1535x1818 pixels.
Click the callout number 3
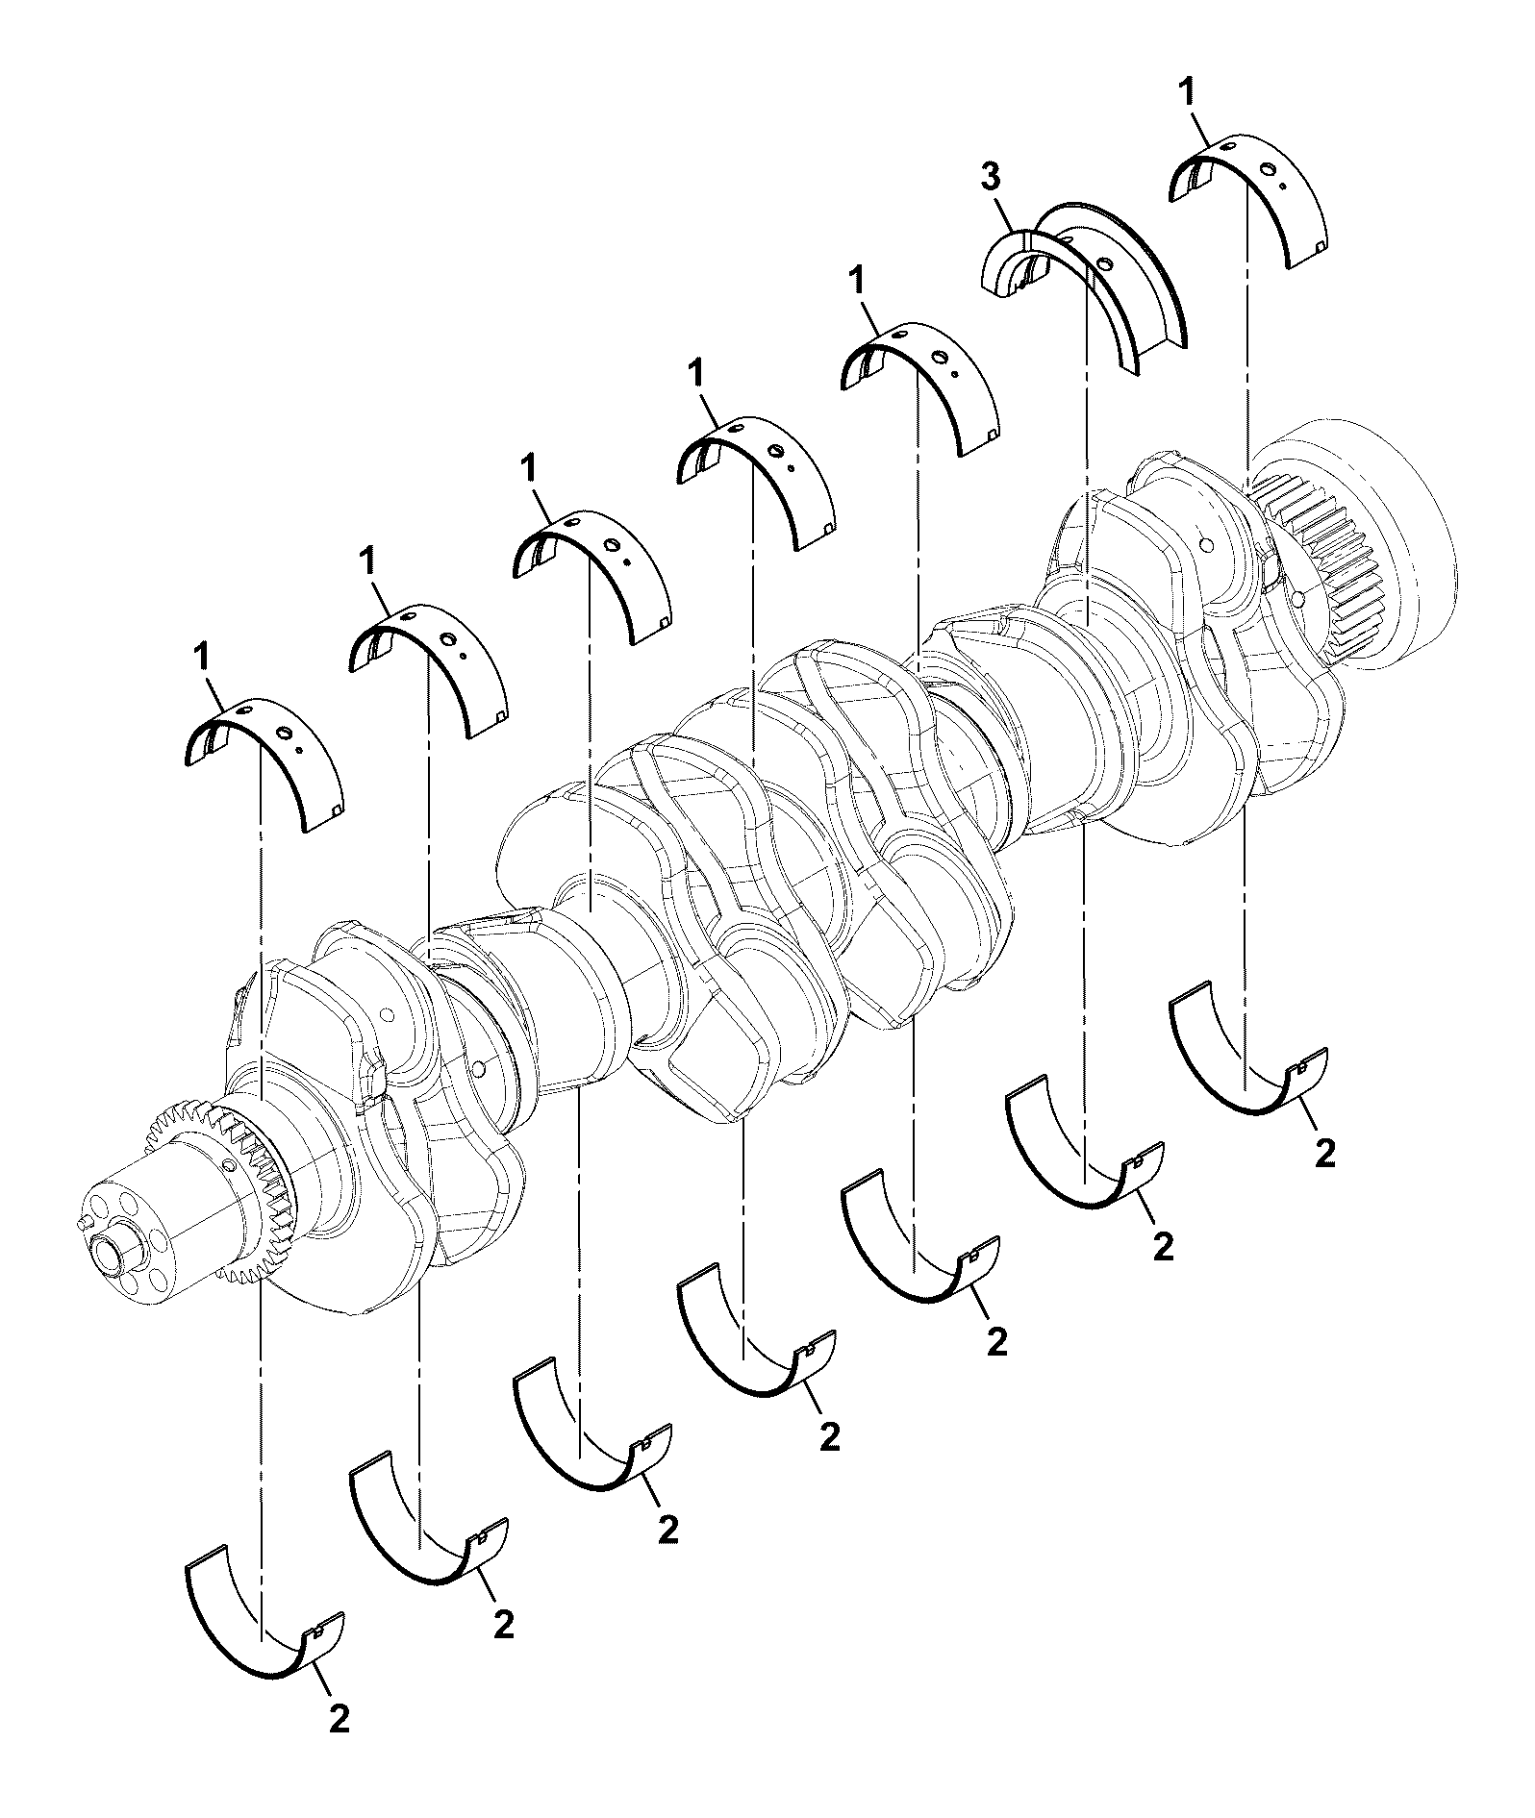point(991,178)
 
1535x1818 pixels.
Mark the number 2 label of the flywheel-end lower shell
point(1325,1153)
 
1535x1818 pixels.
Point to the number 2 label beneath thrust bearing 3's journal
point(1163,1246)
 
